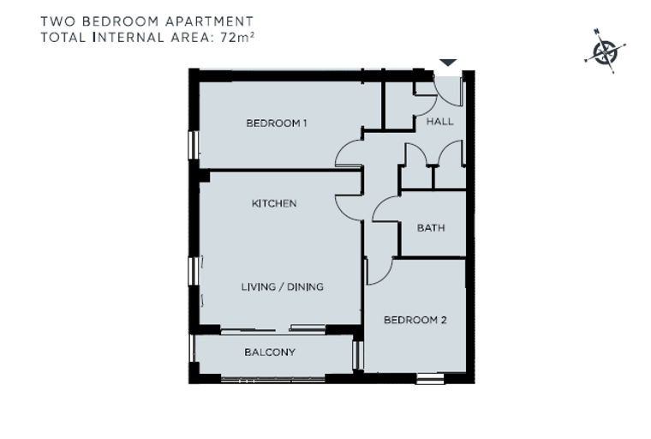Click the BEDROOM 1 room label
point(277,123)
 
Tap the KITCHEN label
point(274,203)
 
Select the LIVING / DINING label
point(283,286)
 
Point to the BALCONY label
point(270,352)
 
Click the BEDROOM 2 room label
point(415,320)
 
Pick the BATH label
point(431,228)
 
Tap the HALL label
point(440,122)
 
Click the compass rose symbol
point(605,51)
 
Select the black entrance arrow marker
point(448,63)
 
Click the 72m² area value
point(237,37)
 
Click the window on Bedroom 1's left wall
point(194,145)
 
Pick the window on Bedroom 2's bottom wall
point(430,378)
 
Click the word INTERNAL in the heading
point(129,38)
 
